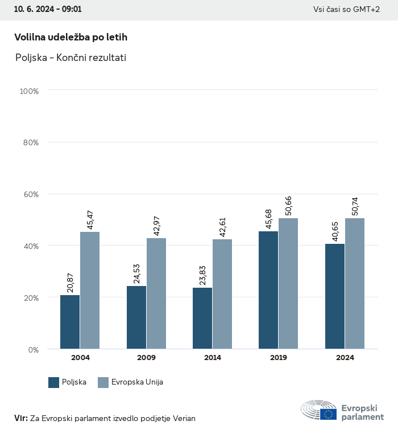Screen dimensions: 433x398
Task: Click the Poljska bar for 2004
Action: tap(70, 322)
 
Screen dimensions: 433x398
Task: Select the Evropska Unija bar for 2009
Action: tap(156, 293)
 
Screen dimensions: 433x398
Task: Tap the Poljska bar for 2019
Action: tap(268, 290)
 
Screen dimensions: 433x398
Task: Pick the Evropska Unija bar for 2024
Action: tap(355, 283)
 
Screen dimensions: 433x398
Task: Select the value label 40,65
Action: tap(335, 231)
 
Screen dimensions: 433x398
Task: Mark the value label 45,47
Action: tap(90, 219)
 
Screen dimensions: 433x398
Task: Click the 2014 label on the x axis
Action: tap(213, 358)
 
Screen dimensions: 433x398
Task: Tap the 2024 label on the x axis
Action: tap(345, 358)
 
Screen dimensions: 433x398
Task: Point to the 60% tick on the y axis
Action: tap(29, 194)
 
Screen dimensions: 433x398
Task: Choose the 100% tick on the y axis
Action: tap(28, 91)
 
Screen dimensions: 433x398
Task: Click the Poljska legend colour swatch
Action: tap(54, 382)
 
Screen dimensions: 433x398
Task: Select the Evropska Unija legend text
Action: tap(138, 382)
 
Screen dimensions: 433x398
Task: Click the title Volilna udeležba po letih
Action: tap(71, 37)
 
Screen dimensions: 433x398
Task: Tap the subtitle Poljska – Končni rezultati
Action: tap(71, 58)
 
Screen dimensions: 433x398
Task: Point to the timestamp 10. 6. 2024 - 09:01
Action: tap(48, 10)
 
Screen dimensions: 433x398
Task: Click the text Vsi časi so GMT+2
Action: tap(346, 10)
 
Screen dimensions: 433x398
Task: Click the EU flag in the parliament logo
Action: tap(328, 414)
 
